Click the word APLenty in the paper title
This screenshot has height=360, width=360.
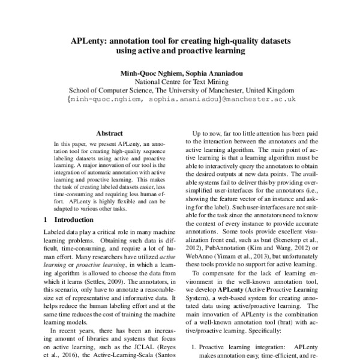tap(89, 42)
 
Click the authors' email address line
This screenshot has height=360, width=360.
tap(180, 98)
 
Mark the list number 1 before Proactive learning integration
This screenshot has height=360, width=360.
tap(193, 346)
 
